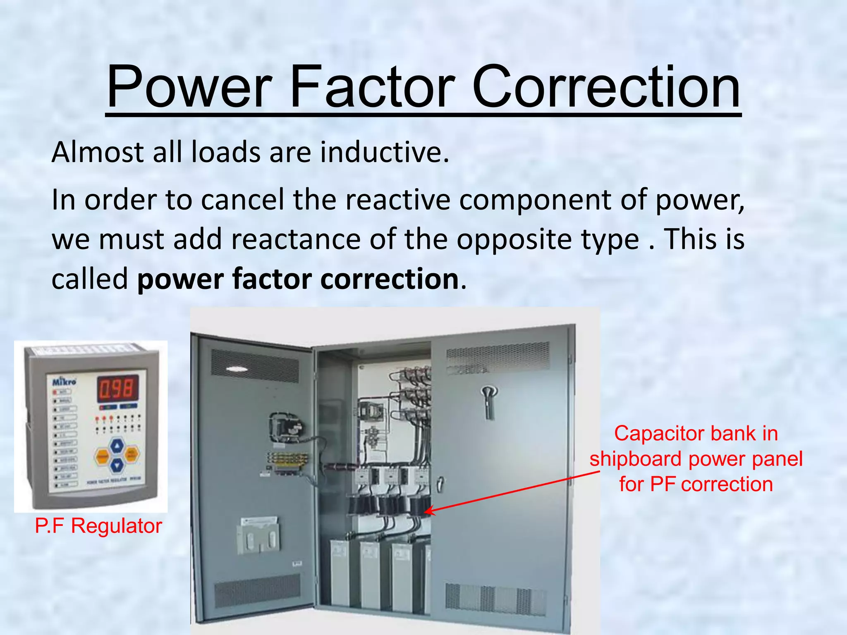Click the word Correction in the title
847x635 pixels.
click(606, 88)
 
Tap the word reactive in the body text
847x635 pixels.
click(397, 200)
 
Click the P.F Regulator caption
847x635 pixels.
click(98, 526)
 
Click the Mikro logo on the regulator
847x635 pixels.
click(64, 381)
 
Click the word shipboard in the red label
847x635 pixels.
click(635, 459)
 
